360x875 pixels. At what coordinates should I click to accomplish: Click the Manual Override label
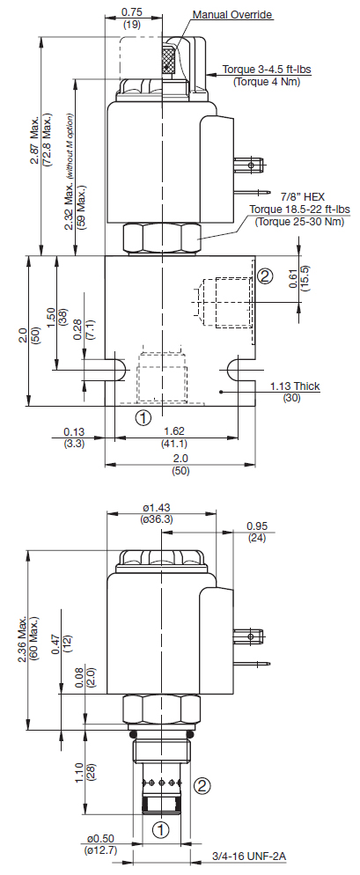click(x=233, y=14)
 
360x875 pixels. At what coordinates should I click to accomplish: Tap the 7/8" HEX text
click(x=304, y=197)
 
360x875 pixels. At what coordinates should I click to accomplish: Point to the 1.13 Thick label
click(x=295, y=386)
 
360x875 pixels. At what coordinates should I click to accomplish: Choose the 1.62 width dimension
click(x=174, y=430)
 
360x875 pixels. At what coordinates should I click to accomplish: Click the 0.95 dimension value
click(x=257, y=526)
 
